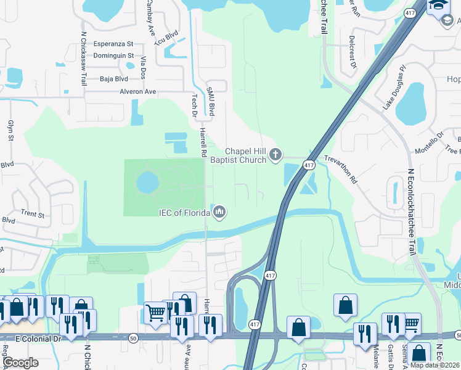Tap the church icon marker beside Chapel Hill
coord(275,155)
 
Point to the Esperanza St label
coord(113,44)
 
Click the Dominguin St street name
coord(114,56)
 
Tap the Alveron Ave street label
coord(138,92)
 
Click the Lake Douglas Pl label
coord(394,87)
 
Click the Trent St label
coord(33,215)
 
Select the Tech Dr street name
coord(194,105)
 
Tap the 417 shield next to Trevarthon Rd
coord(309,165)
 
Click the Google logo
coord(21,363)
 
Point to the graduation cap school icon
coord(439,5)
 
